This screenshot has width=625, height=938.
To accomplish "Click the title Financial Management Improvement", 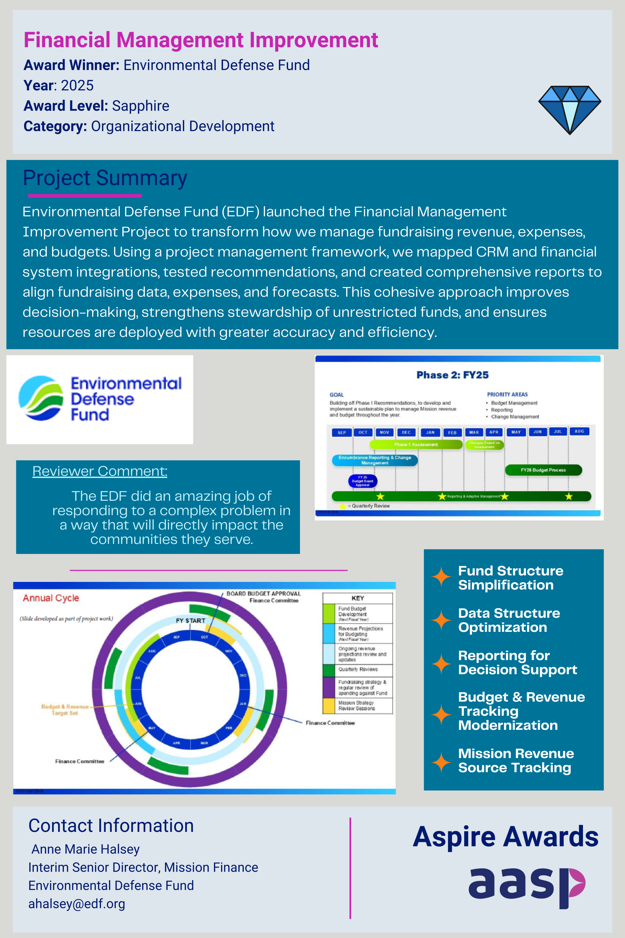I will point(200,40).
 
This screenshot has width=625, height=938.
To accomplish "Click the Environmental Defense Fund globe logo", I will point(41,398).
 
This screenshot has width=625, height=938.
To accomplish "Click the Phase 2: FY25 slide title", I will point(452,375).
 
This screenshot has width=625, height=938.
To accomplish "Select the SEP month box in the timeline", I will point(342,432).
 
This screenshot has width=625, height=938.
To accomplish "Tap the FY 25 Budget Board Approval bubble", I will point(362,481).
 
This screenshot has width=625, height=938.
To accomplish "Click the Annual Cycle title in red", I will point(51,598).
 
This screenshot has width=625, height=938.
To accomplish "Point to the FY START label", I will point(190,620).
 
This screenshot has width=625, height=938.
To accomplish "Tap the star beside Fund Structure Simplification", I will point(441,577).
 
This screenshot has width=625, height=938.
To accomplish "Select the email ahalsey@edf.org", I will point(76,904).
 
